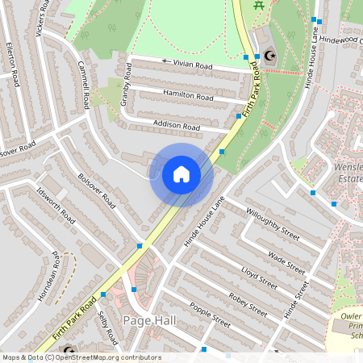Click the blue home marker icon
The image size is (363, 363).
181,174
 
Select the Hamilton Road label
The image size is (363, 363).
188,94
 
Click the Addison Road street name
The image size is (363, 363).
176,126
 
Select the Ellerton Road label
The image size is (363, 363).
12,65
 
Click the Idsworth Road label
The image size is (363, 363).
56,207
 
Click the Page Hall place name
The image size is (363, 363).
149,321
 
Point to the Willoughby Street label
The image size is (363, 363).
273,226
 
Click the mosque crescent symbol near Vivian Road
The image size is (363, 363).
269,56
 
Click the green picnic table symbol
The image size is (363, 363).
259,6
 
